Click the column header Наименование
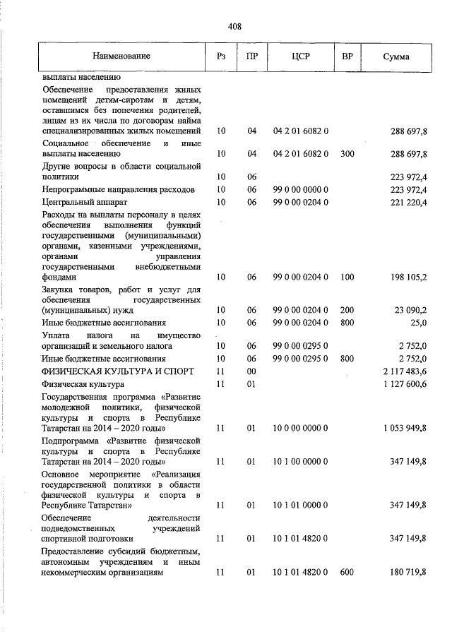pyautogui.click(x=121, y=56)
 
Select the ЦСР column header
pyautogui.click(x=301, y=56)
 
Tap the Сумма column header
pyautogui.click(x=396, y=56)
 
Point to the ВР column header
pyautogui.click(x=347, y=56)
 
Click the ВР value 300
pyautogui.click(x=347, y=153)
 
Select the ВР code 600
pyautogui.click(x=346, y=573)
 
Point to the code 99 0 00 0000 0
pyautogui.click(x=301, y=189)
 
